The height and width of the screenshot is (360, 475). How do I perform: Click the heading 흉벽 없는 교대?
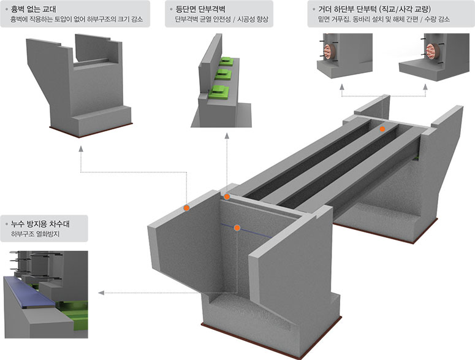[33, 9]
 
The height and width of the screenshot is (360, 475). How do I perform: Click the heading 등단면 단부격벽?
[200, 9]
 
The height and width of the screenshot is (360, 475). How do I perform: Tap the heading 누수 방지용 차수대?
[40, 224]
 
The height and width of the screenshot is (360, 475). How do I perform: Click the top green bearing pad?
[227, 61]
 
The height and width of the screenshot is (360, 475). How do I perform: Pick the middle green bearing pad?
[223, 75]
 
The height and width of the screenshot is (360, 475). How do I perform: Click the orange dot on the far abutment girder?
[382, 129]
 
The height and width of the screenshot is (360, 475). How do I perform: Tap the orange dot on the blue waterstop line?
[237, 228]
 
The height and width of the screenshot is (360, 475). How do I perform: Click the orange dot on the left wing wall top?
[186, 208]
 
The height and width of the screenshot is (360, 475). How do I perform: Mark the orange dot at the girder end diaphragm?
[227, 197]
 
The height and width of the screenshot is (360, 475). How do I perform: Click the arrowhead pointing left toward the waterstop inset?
[101, 293]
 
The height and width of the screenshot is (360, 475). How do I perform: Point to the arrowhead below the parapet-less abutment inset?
[81, 148]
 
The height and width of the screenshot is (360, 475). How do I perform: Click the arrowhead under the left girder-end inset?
[342, 86]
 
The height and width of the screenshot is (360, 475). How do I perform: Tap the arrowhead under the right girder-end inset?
[425, 86]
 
